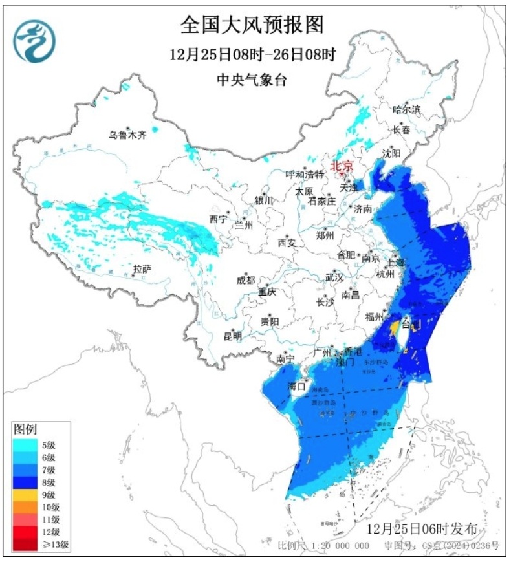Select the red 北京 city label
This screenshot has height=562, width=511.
pyautogui.click(x=342, y=166)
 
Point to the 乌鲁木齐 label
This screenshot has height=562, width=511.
pyautogui.click(x=127, y=135)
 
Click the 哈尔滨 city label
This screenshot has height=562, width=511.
pyautogui.click(x=406, y=109)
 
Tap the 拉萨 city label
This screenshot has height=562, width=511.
pyautogui.click(x=142, y=268)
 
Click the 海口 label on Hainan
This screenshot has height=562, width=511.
pyautogui.click(x=296, y=386)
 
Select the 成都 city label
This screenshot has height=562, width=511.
pyautogui.click(x=246, y=281)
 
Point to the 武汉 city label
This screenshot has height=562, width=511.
pyautogui.click(x=334, y=276)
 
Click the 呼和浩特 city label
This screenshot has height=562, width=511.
pyautogui.click(x=305, y=174)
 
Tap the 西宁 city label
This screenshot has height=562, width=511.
pyautogui.click(x=218, y=219)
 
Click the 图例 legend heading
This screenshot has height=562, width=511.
pyautogui.click(x=26, y=429)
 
